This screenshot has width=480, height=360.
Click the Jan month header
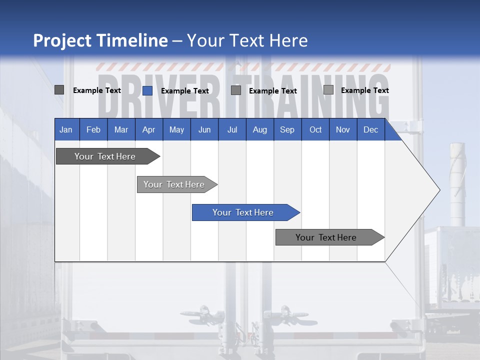(x=66, y=129)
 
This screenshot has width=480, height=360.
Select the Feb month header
(x=93, y=129)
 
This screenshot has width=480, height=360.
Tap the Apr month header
(x=149, y=129)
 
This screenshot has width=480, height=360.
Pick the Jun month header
(x=204, y=129)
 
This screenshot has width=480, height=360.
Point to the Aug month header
(x=260, y=129)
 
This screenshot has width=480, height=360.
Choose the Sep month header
(x=287, y=129)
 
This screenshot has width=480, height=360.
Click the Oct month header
(x=315, y=129)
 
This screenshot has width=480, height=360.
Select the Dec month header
(x=371, y=129)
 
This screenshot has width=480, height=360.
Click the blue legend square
(x=147, y=90)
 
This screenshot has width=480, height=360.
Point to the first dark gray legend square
(x=59, y=90)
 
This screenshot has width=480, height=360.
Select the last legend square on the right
(x=328, y=90)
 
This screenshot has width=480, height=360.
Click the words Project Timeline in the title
(x=100, y=40)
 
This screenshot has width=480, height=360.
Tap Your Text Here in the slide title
(x=247, y=40)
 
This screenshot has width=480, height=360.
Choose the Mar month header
(x=121, y=129)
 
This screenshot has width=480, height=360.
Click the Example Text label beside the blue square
(x=185, y=91)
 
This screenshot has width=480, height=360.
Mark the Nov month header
(x=343, y=129)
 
